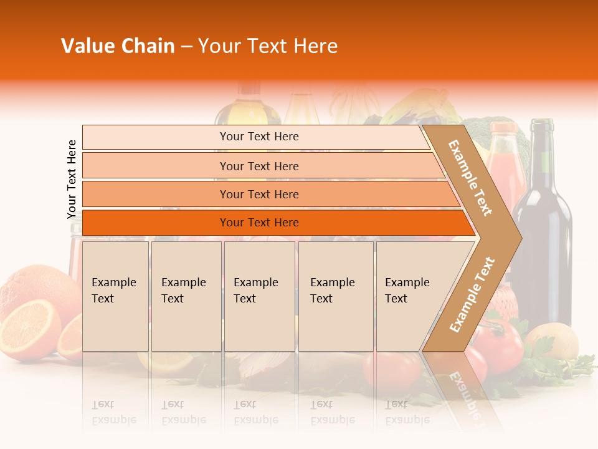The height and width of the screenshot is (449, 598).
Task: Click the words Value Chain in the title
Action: coord(118,46)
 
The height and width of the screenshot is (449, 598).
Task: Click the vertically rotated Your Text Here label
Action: coord(72,180)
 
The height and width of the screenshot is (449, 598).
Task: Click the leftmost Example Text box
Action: coord(115,296)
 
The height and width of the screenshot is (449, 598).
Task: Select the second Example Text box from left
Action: coord(186,296)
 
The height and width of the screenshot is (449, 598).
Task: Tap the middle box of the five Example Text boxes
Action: coord(259,296)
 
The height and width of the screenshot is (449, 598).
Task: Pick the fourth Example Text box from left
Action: coord(335,296)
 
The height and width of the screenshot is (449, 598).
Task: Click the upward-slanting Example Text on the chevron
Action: coord(472,294)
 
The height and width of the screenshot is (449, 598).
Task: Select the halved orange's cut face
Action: coord(28,329)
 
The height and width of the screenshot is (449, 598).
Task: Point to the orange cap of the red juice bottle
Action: coord(503,128)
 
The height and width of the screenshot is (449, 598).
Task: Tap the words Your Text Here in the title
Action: coord(268,46)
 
